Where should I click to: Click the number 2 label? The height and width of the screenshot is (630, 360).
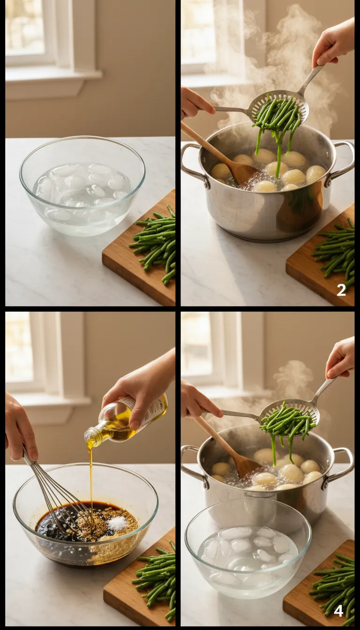point(341,290)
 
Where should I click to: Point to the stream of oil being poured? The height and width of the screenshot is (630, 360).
point(90,473)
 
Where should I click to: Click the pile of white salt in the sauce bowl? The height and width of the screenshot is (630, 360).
point(118,523)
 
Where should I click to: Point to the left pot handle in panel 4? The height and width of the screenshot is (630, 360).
point(192,464)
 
